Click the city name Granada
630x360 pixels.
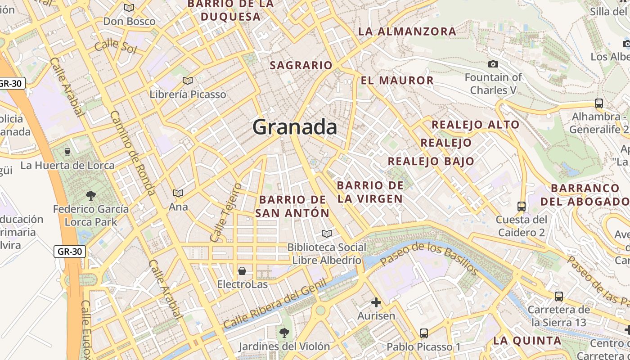point(295,127)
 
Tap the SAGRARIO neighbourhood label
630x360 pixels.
point(301,65)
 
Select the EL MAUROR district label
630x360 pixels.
point(397,81)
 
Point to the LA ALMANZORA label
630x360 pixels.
point(407,31)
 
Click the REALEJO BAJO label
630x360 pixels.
point(431,161)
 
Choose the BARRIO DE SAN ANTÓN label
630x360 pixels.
point(292,206)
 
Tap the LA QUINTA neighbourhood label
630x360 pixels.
point(527,341)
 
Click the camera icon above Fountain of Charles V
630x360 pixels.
point(493,64)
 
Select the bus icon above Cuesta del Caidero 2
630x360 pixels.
point(522,207)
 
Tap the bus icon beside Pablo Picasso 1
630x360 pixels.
point(424,333)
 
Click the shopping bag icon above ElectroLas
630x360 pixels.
point(242,271)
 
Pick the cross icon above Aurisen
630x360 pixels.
point(376,302)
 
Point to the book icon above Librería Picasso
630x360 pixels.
point(188,81)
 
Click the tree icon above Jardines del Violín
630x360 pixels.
point(284,333)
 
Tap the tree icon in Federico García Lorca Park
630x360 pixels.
point(91,196)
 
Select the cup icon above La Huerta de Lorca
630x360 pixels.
point(67,152)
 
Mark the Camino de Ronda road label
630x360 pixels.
point(133,153)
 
